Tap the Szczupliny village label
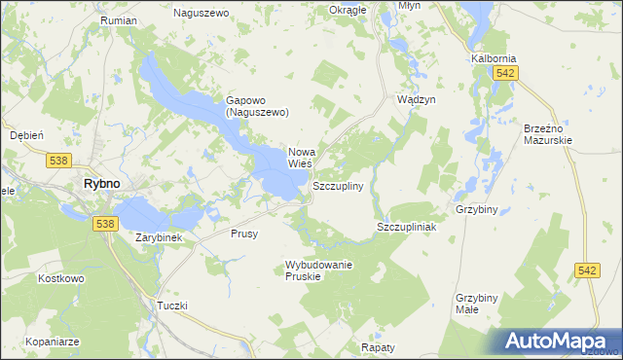click(x=338, y=185)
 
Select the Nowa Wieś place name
click(x=302, y=158)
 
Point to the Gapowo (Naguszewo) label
click(x=258, y=105)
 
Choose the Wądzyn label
click(x=416, y=100)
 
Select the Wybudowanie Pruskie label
click(x=318, y=270)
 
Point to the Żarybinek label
click(x=160, y=236)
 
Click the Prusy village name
click(x=244, y=234)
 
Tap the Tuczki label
click(x=171, y=306)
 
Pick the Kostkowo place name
click(x=28, y=279)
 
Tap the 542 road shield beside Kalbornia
click(x=503, y=73)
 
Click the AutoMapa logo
click(x=560, y=342)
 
